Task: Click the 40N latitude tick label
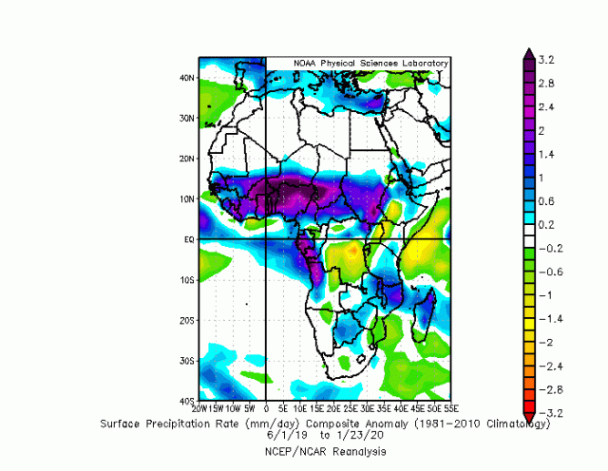tap(188, 78)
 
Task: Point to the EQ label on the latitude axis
tap(190, 240)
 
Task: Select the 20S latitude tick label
tap(188, 321)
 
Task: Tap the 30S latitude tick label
tap(188, 362)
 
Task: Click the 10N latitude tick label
tap(188, 199)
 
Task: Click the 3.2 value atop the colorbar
tap(545, 59)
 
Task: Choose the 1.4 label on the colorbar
tap(545, 154)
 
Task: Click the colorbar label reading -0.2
tap(548, 248)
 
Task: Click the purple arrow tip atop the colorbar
tap(530, 53)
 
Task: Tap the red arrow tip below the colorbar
tap(530, 419)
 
